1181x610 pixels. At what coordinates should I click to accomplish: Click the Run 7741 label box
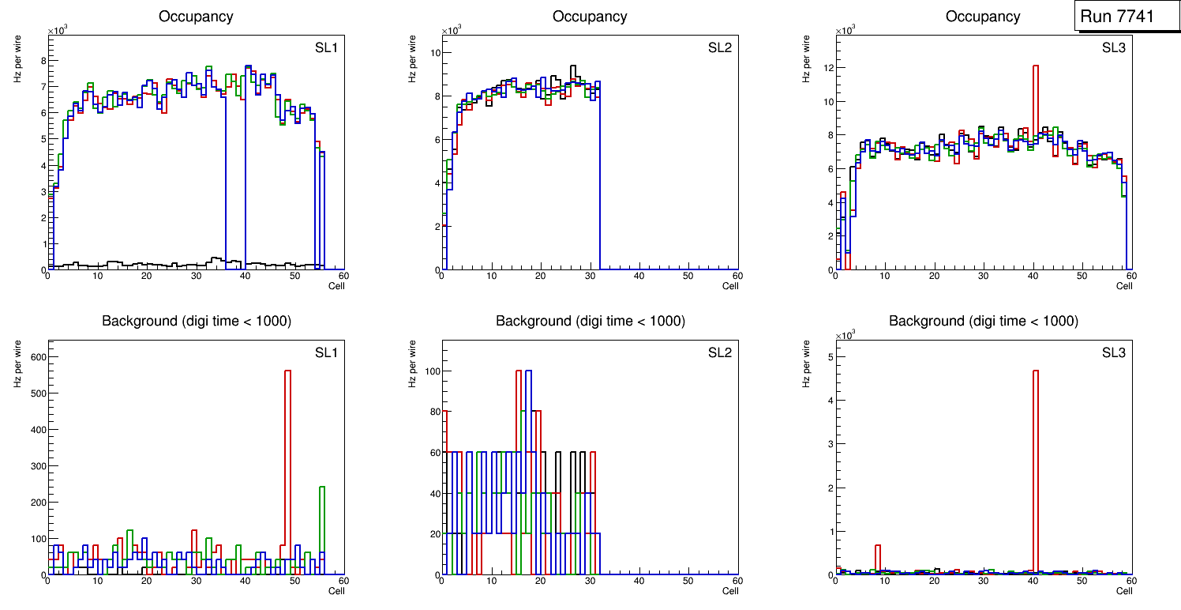pos(1123,17)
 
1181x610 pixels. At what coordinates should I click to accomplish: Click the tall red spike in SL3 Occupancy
pos(1035,71)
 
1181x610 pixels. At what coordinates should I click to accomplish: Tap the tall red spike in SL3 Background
pos(1035,379)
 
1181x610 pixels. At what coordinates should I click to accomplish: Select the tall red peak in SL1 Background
pos(287,379)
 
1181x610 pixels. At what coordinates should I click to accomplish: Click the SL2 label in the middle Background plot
pos(720,352)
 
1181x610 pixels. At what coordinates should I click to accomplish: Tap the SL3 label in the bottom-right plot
pos(1113,352)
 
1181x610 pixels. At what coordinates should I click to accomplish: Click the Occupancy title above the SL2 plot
pos(590,17)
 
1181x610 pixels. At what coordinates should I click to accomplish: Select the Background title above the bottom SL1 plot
pos(196,321)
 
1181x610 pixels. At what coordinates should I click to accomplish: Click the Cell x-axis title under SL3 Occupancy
pos(1124,286)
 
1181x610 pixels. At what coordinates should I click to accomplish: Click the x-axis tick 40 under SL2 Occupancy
pos(639,276)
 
